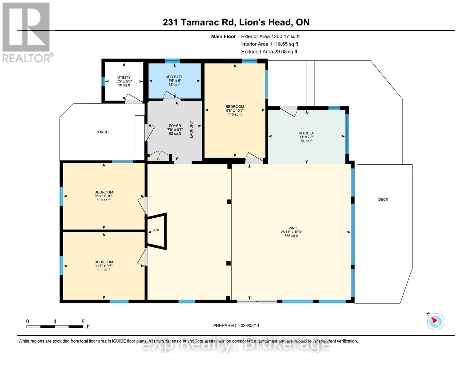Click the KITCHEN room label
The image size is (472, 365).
306,133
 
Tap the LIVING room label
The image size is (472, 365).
291,228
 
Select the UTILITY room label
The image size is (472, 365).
124,77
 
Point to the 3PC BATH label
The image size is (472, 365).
174,77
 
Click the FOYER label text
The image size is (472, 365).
175,126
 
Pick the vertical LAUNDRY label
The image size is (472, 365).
191,129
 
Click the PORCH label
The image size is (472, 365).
102,132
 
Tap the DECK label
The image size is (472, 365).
383,199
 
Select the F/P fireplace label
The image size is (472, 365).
156,231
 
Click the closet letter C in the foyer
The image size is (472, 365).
158,159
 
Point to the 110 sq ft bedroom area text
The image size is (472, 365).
104,200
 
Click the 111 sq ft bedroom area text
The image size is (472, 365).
104,270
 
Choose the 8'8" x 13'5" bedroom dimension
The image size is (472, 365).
235,110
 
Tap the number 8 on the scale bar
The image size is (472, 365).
83,322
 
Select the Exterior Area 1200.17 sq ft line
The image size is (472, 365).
270,36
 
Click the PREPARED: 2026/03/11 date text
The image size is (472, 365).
236,325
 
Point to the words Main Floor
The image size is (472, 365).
223,36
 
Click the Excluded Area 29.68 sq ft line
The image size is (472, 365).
269,52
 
